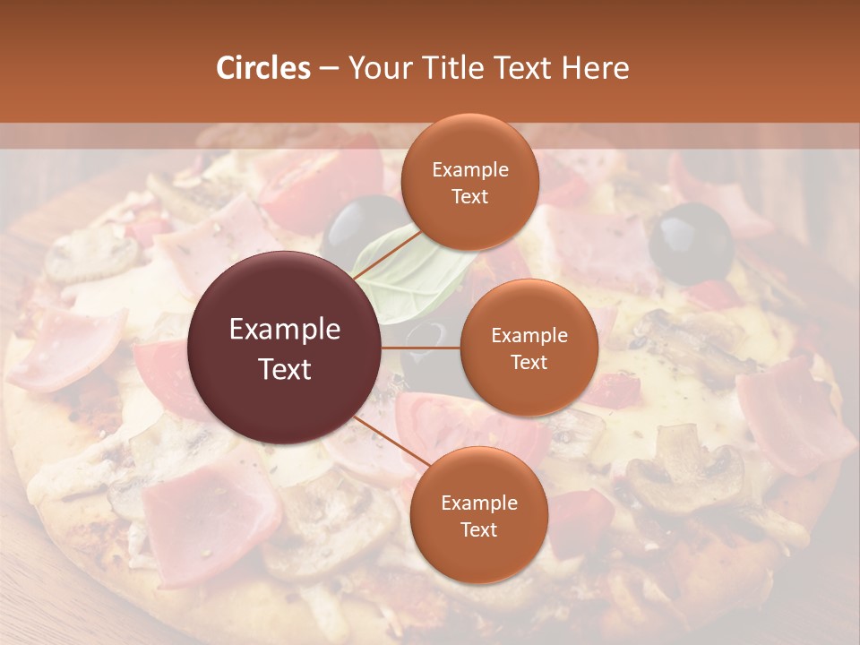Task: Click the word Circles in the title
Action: pyautogui.click(x=262, y=68)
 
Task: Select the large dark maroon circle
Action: pyautogui.click(x=285, y=348)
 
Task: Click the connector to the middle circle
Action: pyautogui.click(x=421, y=348)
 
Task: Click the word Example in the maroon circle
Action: pyautogui.click(x=285, y=330)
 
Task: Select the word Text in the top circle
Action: pyautogui.click(x=469, y=196)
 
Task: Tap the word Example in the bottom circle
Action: pyautogui.click(x=478, y=503)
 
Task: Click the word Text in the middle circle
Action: pyautogui.click(x=529, y=362)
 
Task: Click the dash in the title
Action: pyautogui.click(x=329, y=68)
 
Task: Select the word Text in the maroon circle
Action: pyautogui.click(x=285, y=369)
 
